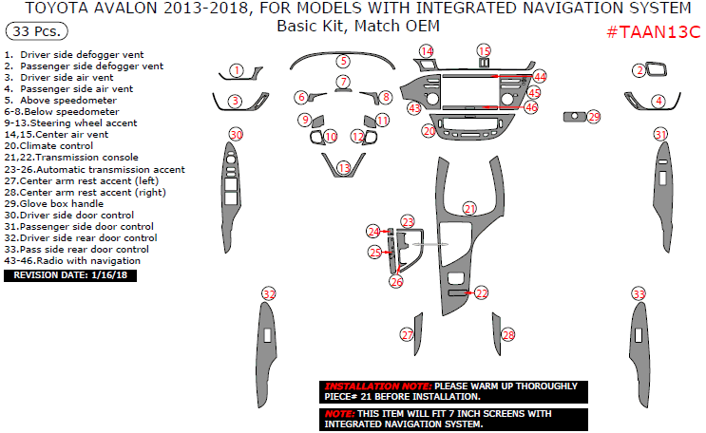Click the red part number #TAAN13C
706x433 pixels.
point(654,31)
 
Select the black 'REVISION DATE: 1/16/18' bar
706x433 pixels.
point(71,275)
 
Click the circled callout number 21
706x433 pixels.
point(469,208)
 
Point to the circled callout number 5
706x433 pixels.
point(343,61)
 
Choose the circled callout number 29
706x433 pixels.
point(594,117)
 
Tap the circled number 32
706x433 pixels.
point(269,293)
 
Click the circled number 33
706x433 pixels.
point(639,294)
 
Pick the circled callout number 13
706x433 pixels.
point(343,167)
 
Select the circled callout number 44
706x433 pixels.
point(540,75)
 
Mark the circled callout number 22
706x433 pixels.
point(482,293)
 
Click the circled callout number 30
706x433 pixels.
point(236,135)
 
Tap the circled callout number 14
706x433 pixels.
point(427,50)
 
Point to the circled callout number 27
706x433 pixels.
point(407,334)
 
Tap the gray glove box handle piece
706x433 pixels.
point(573,117)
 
